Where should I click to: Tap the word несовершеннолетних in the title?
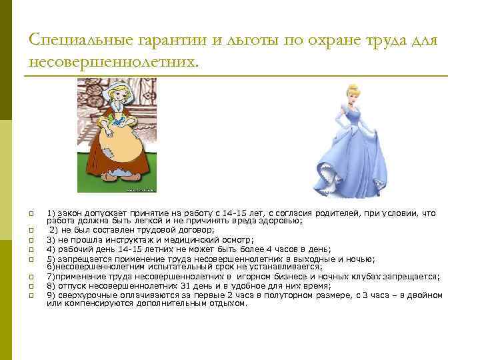(x=113, y=62)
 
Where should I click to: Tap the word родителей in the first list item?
(x=323, y=213)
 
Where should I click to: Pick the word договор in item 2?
(x=193, y=229)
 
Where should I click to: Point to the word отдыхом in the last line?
(x=225, y=303)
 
